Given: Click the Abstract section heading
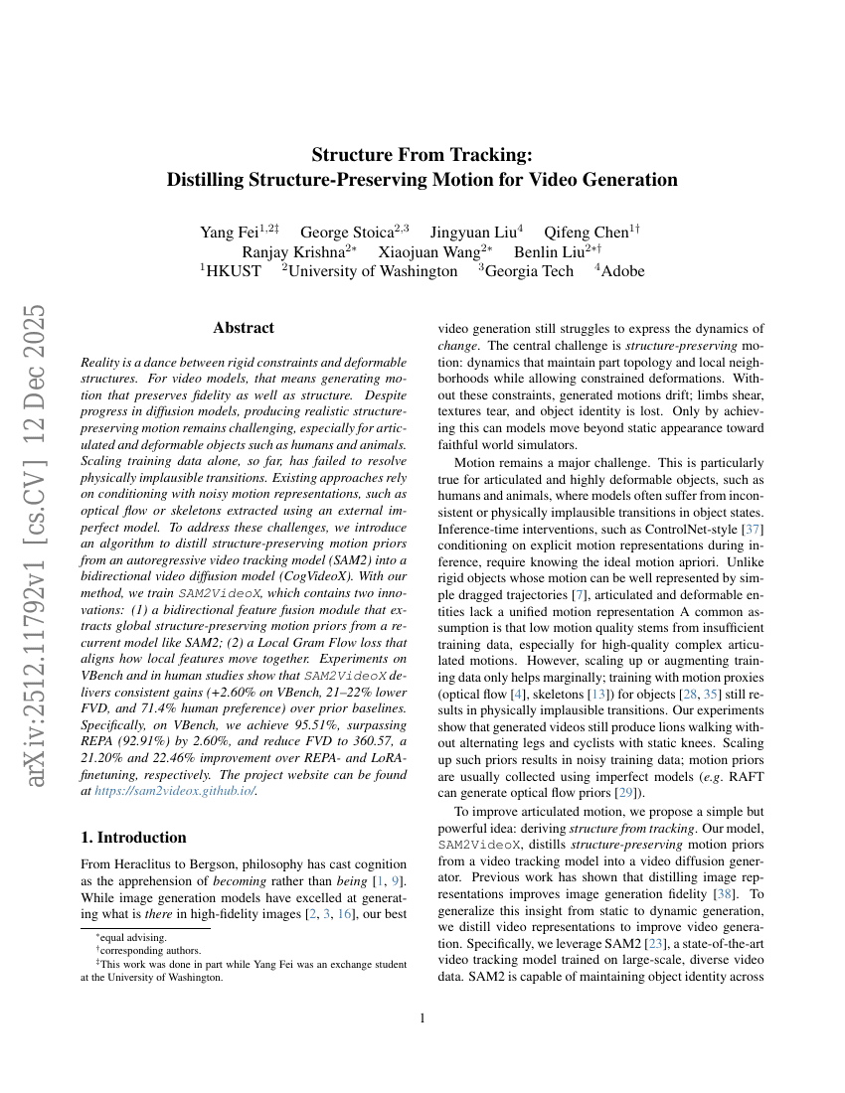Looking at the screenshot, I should click(x=244, y=327).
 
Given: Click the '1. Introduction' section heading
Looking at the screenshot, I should click(x=133, y=837).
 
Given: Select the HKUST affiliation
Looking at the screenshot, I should click(x=233, y=270).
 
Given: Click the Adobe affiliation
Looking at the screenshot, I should click(x=620, y=270).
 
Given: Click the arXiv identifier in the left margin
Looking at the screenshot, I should click(x=37, y=546).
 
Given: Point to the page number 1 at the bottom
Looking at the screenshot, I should click(x=422, y=1018).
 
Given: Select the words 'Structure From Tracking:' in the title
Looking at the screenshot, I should click(x=422, y=154).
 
